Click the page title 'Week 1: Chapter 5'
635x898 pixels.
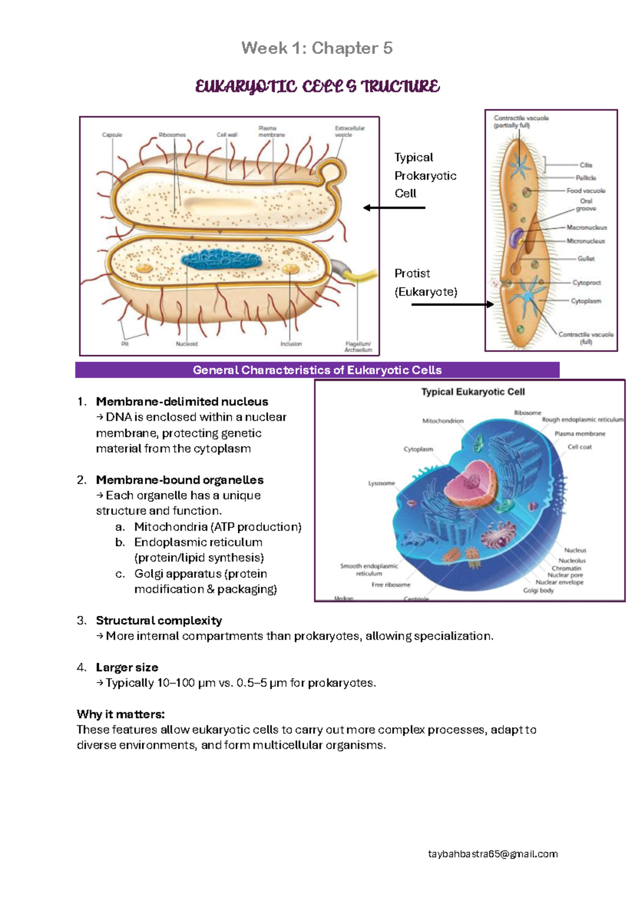pyautogui.click(x=316, y=48)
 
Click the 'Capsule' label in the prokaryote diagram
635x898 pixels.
pyautogui.click(x=112, y=135)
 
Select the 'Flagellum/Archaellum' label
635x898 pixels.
pyautogui.click(x=358, y=347)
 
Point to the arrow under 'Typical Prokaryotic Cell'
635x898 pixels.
pyautogui.click(x=394, y=208)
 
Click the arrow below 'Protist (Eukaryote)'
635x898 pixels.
pyautogui.click(x=452, y=304)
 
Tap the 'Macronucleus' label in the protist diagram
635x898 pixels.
pyautogui.click(x=586, y=228)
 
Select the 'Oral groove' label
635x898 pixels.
pyautogui.click(x=586, y=205)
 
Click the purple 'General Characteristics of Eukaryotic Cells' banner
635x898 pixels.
pyautogui.click(x=317, y=370)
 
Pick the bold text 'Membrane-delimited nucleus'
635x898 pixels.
pyautogui.click(x=182, y=402)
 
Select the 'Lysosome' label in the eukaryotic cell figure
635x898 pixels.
pyautogui.click(x=382, y=483)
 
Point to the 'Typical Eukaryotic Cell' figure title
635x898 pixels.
pyautogui.click(x=473, y=392)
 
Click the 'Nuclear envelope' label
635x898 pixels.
pyautogui.click(x=559, y=582)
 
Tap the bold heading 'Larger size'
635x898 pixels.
pyautogui.click(x=127, y=668)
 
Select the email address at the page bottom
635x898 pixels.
pyautogui.click(x=493, y=854)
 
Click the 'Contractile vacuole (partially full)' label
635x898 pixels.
pyautogui.click(x=521, y=122)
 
